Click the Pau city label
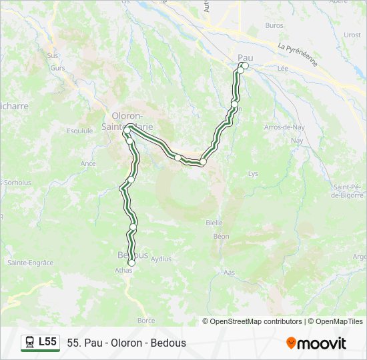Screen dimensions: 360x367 [x=246, y=57]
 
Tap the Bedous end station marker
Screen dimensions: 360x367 [x=131, y=263]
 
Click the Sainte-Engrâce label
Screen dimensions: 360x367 [x=30, y=263]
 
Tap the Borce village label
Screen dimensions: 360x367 [x=145, y=321]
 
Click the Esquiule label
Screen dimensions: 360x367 [x=80, y=131]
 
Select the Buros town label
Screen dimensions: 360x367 [x=274, y=25]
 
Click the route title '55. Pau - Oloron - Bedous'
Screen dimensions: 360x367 [x=127, y=343]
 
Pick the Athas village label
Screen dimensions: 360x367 [x=123, y=271]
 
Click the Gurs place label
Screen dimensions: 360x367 [x=57, y=68]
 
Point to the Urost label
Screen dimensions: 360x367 [x=352, y=35]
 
